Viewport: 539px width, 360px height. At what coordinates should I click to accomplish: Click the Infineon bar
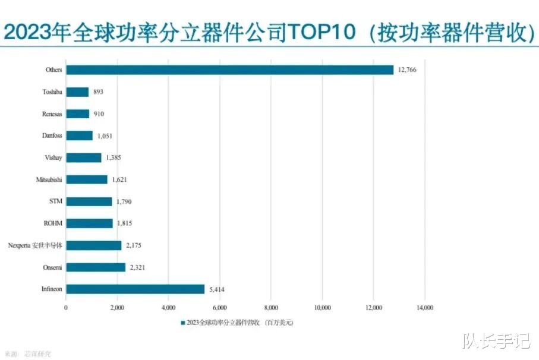[135, 289]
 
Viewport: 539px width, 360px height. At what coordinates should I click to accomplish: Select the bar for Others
[229, 70]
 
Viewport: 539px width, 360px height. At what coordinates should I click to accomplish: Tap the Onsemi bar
[96, 267]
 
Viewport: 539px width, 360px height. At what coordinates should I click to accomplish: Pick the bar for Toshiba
[77, 92]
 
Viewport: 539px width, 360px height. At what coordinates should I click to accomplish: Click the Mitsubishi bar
[87, 179]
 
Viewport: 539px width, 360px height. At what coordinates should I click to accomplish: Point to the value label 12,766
[408, 70]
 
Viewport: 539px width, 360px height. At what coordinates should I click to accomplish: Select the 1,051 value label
[105, 136]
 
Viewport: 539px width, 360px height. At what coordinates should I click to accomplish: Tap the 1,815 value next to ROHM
[125, 223]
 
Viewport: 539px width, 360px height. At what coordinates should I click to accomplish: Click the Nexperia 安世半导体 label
[35, 245]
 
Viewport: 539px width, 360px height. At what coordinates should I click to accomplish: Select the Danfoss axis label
[52, 136]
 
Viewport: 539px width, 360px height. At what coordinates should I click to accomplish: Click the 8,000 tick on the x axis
[270, 308]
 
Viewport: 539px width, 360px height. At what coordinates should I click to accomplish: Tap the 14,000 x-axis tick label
[424, 308]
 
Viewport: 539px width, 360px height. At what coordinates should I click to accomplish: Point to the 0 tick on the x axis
[66, 308]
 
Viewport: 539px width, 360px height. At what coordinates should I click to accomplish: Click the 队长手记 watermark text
[497, 342]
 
